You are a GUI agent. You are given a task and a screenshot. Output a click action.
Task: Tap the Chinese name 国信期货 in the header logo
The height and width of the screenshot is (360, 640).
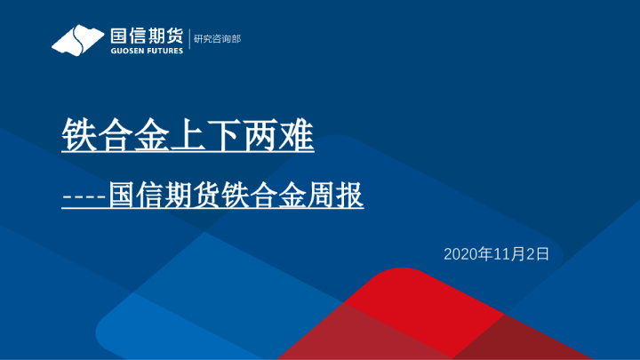(146, 36)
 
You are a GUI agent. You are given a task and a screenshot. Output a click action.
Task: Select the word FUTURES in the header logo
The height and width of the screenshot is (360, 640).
(164, 51)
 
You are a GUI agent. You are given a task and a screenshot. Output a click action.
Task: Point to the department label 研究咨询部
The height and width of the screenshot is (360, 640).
(217, 39)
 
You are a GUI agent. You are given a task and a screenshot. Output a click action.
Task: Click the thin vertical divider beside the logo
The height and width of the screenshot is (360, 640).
(188, 40)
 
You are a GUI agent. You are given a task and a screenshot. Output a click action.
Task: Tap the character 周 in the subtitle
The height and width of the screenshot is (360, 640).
(322, 196)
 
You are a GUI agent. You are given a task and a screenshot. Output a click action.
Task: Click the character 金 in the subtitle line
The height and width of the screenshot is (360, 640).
(292, 196)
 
